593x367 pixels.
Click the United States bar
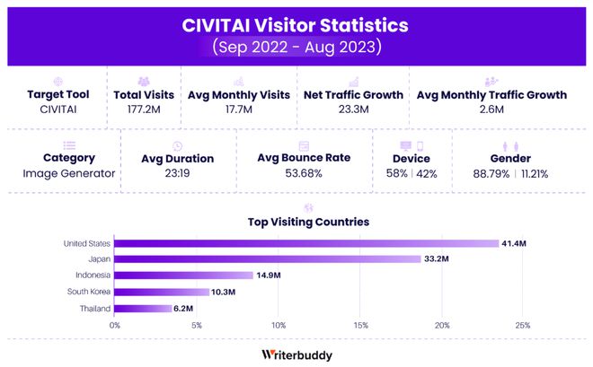305,243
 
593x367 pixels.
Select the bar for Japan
267,259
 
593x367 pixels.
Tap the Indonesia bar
183,275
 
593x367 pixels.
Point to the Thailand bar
143,308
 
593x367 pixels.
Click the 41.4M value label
513,243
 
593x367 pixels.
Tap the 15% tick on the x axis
360,325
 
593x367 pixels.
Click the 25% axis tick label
524,325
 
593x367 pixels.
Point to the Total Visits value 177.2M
144,109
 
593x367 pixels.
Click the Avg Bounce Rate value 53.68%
304,173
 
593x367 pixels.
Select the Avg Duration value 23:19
177,173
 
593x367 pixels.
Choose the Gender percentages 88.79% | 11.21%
510,173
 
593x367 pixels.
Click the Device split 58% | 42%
412,173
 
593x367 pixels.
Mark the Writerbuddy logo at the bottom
296,354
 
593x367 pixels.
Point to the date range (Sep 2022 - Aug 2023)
296,46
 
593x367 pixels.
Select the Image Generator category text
68,173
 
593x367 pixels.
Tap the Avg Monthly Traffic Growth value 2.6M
491,109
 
